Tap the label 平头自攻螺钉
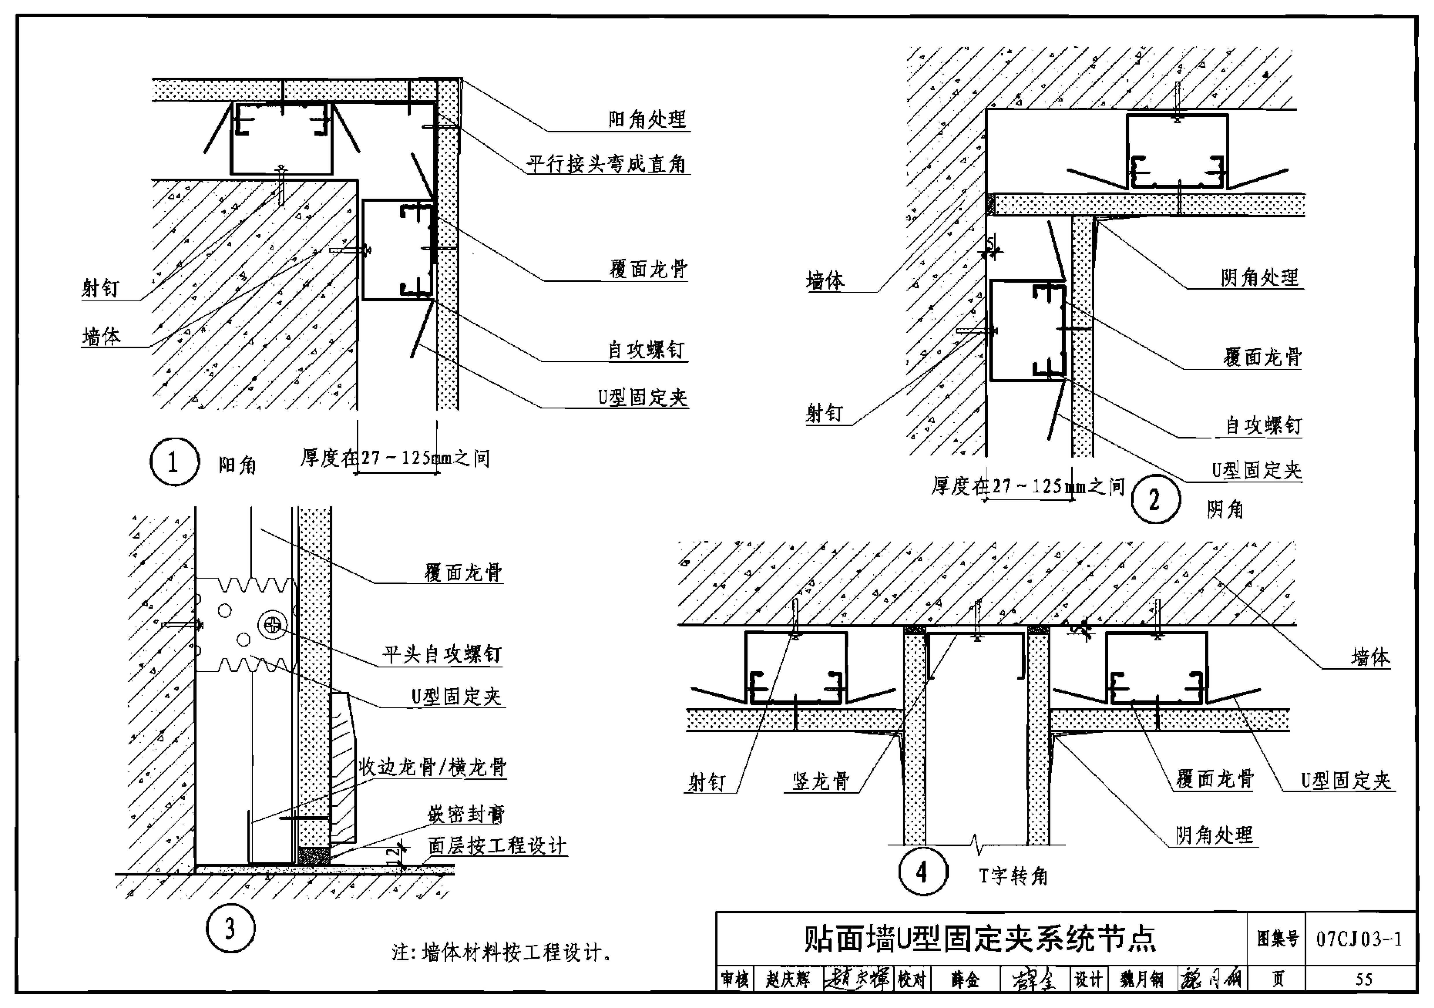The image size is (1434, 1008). tap(442, 654)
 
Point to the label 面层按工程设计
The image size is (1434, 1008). tap(497, 846)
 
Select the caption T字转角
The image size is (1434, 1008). tap(1013, 876)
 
